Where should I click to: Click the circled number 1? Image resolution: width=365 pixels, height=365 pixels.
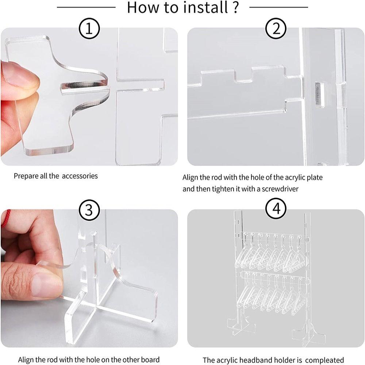pyautogui.click(x=89, y=28)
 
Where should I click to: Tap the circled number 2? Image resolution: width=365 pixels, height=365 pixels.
pyautogui.click(x=276, y=28)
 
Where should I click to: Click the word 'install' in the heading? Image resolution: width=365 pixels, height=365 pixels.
pyautogui.click(x=205, y=7)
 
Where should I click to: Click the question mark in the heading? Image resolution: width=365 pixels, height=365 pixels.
pyautogui.click(x=235, y=7)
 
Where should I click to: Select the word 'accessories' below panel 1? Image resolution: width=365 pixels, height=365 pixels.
pyautogui.click(x=80, y=176)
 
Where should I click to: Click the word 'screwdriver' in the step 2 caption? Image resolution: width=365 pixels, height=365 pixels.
pyautogui.click(x=280, y=189)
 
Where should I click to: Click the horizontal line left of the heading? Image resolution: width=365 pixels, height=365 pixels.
pyautogui.click(x=86, y=7)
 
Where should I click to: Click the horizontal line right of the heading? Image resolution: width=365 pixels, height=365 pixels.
pyautogui.click(x=278, y=7)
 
